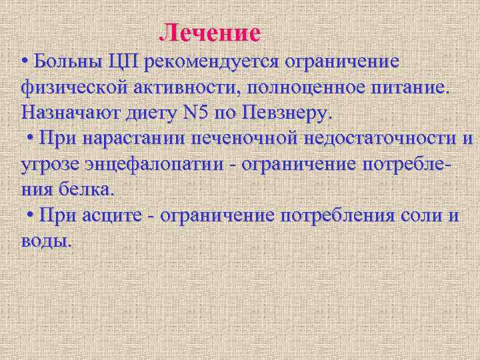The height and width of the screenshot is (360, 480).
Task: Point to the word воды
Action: pyautogui.click(x=45, y=239)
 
